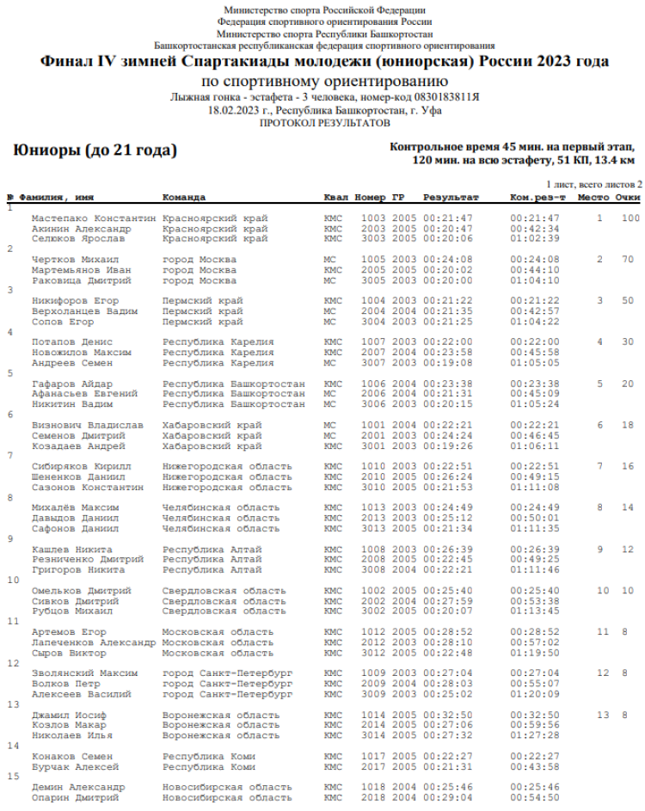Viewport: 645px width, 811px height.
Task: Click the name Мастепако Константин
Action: click(x=94, y=218)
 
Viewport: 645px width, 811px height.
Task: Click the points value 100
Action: click(x=630, y=218)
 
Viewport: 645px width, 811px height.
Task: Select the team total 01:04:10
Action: click(x=534, y=280)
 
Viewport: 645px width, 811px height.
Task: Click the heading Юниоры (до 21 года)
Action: click(x=95, y=151)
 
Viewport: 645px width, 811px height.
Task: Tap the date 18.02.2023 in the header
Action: click(x=235, y=111)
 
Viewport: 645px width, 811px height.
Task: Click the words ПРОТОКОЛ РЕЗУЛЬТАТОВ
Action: click(x=324, y=122)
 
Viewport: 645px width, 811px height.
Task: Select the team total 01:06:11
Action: click(x=534, y=445)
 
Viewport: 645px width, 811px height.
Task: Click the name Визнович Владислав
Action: click(x=87, y=425)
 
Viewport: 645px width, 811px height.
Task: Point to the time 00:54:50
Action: click(x=534, y=797)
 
